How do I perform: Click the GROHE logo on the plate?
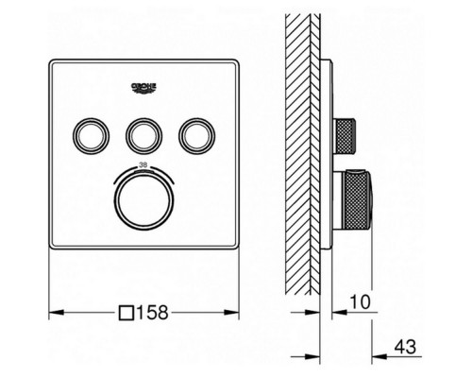143,88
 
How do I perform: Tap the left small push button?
91,136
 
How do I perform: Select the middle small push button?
143,136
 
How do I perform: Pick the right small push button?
197,136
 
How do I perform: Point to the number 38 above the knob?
143,164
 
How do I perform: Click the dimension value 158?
153,313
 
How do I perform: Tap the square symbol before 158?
126,313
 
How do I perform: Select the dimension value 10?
360,302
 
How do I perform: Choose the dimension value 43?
405,347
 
